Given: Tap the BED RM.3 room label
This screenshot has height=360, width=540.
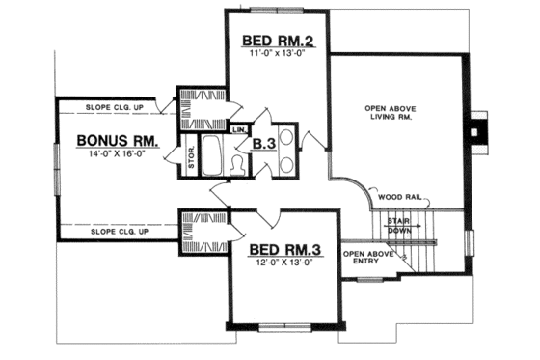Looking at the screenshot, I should (x=287, y=250).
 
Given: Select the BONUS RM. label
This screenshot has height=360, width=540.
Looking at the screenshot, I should (x=113, y=141).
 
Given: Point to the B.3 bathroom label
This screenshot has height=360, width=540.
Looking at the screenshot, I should (x=263, y=145).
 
